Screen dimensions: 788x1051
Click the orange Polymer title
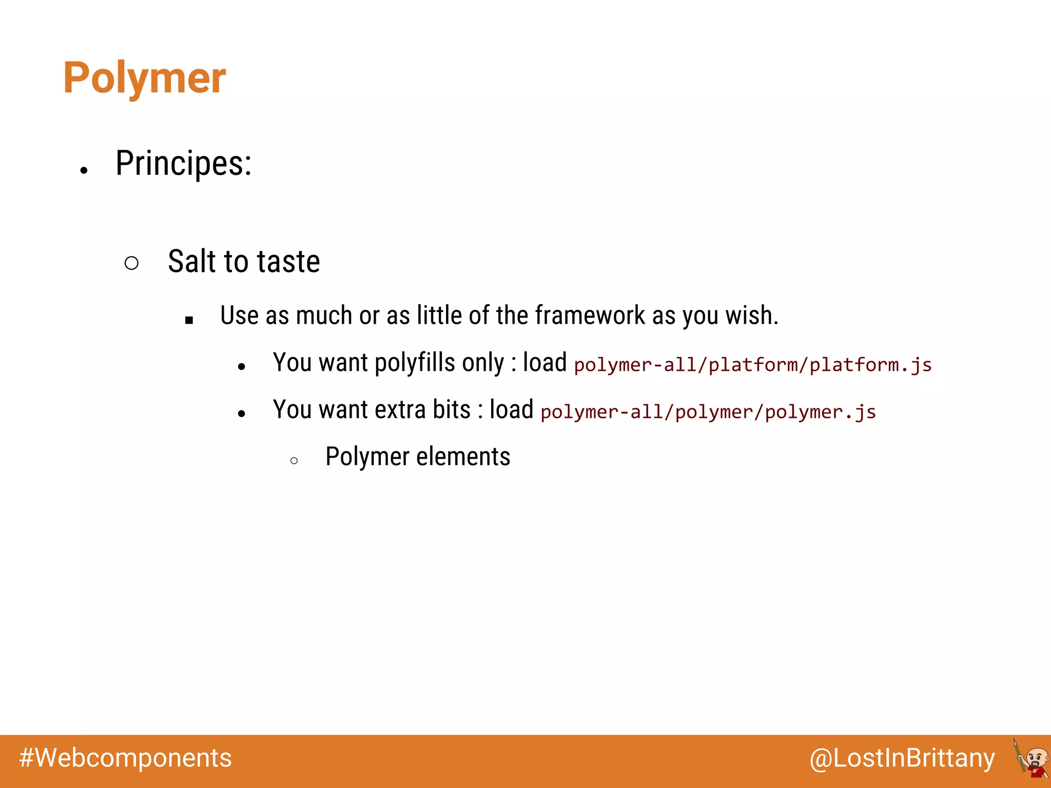point(144,78)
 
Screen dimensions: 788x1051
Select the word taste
point(288,261)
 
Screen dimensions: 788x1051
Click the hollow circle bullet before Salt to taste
point(131,263)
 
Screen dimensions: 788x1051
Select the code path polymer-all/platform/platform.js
point(752,365)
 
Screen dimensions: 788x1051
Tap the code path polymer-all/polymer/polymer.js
point(708,412)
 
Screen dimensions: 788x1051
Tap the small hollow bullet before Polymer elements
point(294,461)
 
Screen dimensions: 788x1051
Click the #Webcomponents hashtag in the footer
point(126,758)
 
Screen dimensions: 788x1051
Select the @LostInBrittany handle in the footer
point(902,758)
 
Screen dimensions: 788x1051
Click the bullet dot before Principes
point(84,170)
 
